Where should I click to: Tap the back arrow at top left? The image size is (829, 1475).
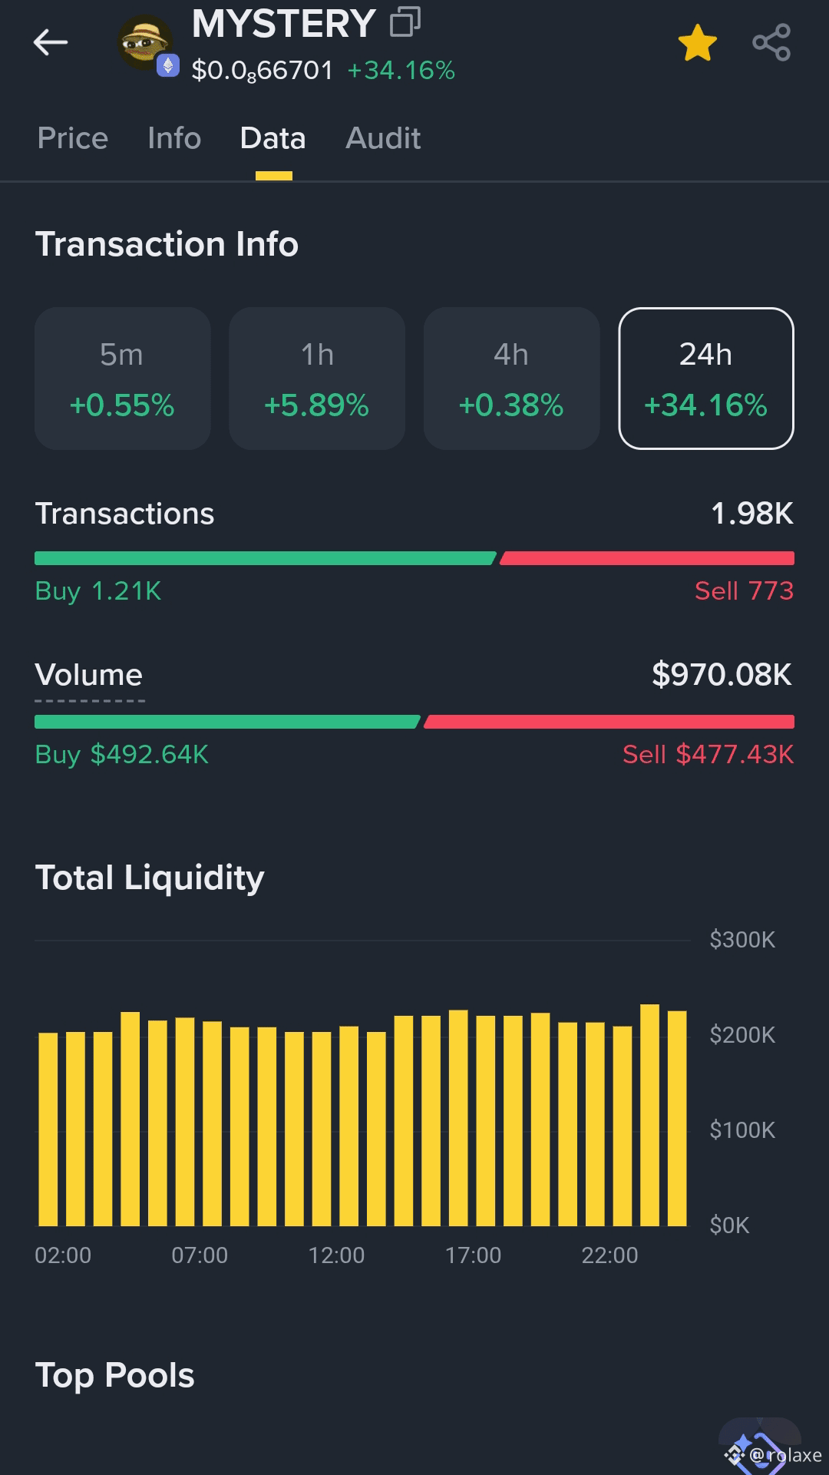(51, 42)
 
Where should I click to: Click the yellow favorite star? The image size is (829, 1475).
(697, 42)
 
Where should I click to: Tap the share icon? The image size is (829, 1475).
(771, 42)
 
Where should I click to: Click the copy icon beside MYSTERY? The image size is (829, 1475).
(405, 22)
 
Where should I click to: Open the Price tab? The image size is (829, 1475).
(73, 138)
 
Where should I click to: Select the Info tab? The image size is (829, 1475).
(174, 138)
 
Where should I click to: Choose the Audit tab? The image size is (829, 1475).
(383, 138)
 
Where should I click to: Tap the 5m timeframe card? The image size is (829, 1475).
(123, 379)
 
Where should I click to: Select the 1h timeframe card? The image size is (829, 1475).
(317, 379)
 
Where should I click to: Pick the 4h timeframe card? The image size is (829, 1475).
(512, 379)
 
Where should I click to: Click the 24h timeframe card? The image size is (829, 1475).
(706, 379)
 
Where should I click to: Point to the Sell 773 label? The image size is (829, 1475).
(744, 590)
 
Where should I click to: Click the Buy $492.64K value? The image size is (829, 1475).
(122, 754)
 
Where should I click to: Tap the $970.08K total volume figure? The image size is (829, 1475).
(722, 674)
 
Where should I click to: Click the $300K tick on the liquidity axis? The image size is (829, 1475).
(742, 940)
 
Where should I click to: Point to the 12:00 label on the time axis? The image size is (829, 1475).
(336, 1255)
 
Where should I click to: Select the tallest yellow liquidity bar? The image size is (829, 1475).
(649, 1115)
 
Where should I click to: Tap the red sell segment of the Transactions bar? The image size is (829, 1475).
(647, 558)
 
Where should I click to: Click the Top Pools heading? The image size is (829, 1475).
(115, 1375)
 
